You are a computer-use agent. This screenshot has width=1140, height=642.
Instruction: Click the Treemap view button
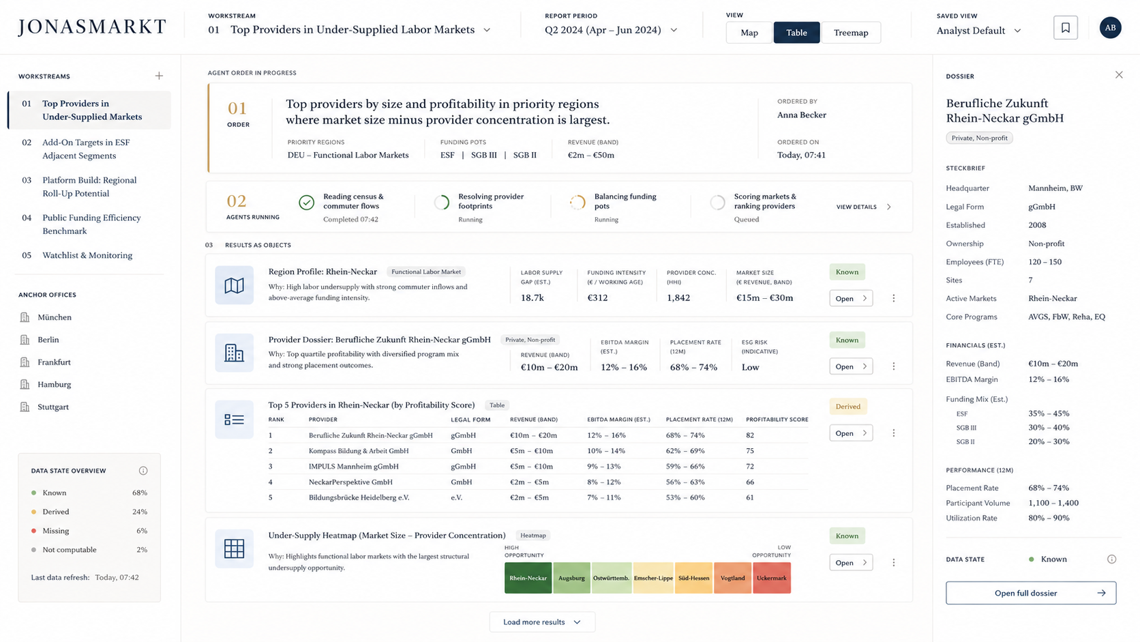point(851,33)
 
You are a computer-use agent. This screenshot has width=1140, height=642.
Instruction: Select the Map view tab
point(749,33)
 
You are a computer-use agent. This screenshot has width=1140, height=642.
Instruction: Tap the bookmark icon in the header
point(1065,27)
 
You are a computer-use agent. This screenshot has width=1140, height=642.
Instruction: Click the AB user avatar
point(1110,27)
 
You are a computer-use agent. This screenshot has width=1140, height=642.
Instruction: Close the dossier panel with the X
point(1119,75)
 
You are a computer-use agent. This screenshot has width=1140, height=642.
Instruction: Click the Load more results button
point(542,622)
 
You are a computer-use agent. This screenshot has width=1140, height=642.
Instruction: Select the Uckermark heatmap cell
point(772,578)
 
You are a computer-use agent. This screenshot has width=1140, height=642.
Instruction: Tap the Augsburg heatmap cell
point(571,578)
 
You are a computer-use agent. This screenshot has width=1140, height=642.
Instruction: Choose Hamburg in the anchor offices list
point(54,384)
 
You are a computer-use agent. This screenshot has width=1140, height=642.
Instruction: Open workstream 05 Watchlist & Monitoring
point(87,255)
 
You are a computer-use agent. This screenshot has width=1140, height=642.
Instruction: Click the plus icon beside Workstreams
point(160,76)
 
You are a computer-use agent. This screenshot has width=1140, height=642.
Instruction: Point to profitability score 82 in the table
point(749,435)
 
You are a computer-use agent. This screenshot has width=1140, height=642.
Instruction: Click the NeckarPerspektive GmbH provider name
point(350,482)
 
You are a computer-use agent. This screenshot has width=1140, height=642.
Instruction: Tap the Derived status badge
point(848,406)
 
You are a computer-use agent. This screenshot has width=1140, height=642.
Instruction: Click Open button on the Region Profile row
point(851,298)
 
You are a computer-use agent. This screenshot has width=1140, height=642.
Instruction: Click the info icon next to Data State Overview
point(143,471)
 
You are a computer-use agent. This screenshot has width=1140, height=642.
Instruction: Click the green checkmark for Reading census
point(306,203)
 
